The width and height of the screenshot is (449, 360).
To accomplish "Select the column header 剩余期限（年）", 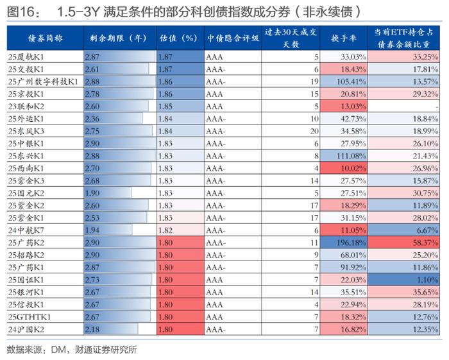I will coord(120,39).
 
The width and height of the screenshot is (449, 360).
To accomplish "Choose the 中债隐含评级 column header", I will coord(233,39).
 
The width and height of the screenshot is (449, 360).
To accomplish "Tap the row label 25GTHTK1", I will coord(30,317).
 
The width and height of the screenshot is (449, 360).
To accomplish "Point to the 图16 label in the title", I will coord(22,12).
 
